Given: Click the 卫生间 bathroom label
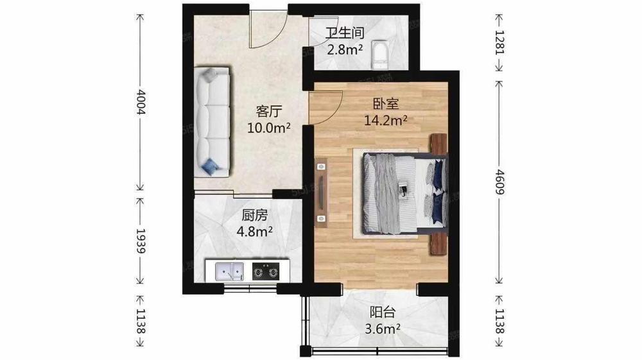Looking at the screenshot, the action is pos(345,32).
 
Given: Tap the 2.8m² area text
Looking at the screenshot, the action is pos(344,49).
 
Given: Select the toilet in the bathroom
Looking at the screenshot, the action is pos(379,55).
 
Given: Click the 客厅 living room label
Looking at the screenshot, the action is pos(269,111).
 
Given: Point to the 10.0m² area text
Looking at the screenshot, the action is pos(268,128).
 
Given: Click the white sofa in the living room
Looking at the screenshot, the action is pos(212,121).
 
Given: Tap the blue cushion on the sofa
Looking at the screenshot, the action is pos(210,166).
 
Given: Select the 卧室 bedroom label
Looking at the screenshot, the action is pos(386,103).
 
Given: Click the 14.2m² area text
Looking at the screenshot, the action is pos(386,120).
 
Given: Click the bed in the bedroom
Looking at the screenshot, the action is pos(404,194).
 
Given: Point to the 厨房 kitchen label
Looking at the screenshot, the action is pos(254,215).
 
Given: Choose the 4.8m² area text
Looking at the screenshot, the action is pos(254,232).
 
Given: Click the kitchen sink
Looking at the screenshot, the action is pos(230,271).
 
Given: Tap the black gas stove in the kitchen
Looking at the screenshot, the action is pos(266,271).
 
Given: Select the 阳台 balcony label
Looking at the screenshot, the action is pos(383,312).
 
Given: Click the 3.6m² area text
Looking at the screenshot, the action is pos(383,329).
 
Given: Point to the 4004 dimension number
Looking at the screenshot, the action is pos(141,102).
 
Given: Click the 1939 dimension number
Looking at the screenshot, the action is pos(141,241).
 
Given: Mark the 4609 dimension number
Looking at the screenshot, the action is pos(499,182).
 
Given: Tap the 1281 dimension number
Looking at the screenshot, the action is pos(499,42).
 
